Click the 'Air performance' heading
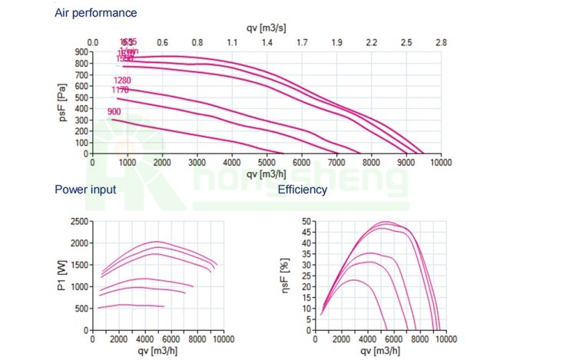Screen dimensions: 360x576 click(x=96, y=13)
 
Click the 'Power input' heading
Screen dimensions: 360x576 click(x=86, y=190)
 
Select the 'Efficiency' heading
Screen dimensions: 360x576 click(x=303, y=190)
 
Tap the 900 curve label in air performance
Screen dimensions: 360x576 click(x=115, y=112)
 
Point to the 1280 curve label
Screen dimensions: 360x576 click(x=123, y=80)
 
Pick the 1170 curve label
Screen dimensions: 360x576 click(x=121, y=91)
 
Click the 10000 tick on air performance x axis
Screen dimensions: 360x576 click(x=441, y=163)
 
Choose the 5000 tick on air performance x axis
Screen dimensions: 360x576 click(x=266, y=163)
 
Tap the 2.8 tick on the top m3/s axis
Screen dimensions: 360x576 click(x=441, y=42)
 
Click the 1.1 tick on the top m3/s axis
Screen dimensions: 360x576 click(x=232, y=42)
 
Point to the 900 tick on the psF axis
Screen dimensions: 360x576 click(x=81, y=52)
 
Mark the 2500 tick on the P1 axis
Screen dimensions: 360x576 click(x=79, y=222)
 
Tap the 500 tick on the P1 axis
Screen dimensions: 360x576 click(x=81, y=309)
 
